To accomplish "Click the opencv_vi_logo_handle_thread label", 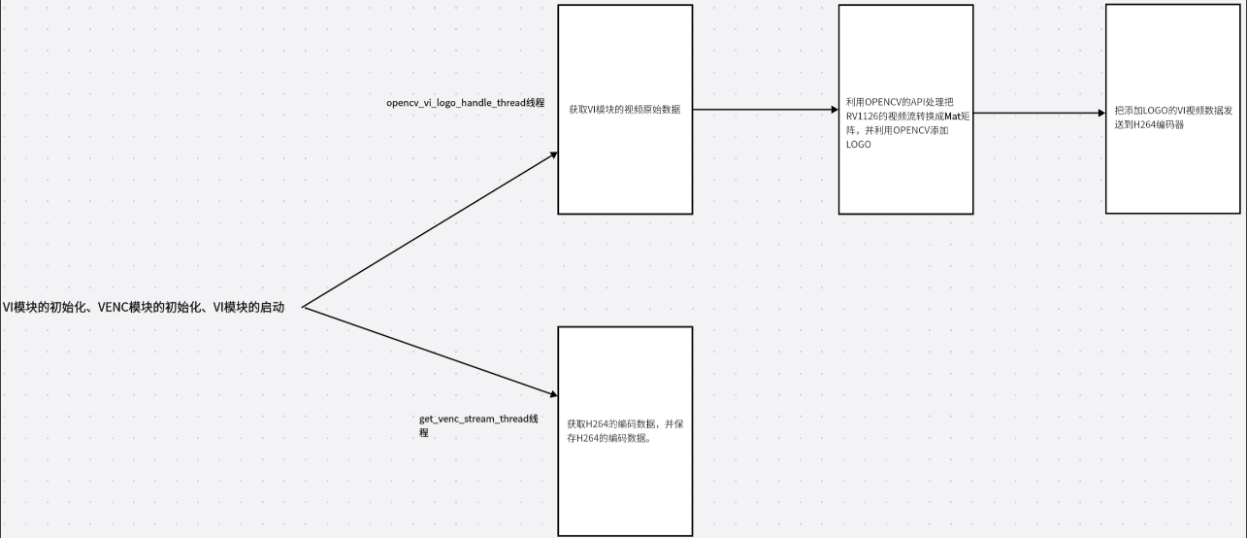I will [465, 102].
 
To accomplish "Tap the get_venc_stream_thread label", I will [477, 420].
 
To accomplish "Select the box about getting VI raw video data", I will [625, 165].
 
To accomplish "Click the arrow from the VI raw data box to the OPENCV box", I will [766, 110].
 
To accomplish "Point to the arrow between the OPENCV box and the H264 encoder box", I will [1038, 114].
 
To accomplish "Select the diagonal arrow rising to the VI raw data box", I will [427, 231].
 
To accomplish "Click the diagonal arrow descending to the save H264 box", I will [427, 351].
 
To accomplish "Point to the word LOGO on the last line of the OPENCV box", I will [859, 145].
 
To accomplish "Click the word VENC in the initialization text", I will [114, 307].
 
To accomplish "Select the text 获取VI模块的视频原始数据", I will [624, 110].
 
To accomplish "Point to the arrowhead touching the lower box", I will [554, 394].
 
